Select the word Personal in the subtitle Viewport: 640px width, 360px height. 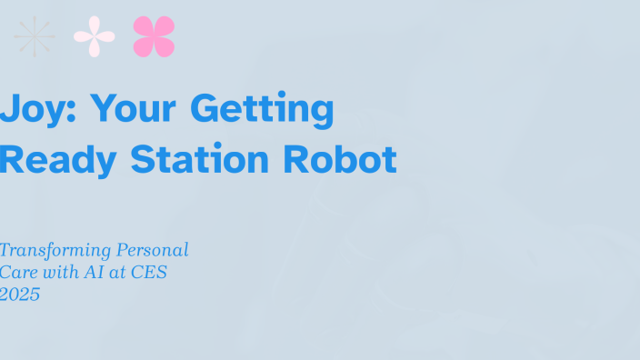click(x=150, y=249)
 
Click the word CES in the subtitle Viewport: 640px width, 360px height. click(x=150, y=272)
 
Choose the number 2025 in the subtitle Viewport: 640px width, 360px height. click(x=20, y=294)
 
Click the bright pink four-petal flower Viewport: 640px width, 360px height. click(x=154, y=36)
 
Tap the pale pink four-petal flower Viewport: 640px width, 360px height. click(x=95, y=36)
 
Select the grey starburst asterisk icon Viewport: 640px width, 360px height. click(x=35, y=36)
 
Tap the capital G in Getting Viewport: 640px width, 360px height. click(x=207, y=109)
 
